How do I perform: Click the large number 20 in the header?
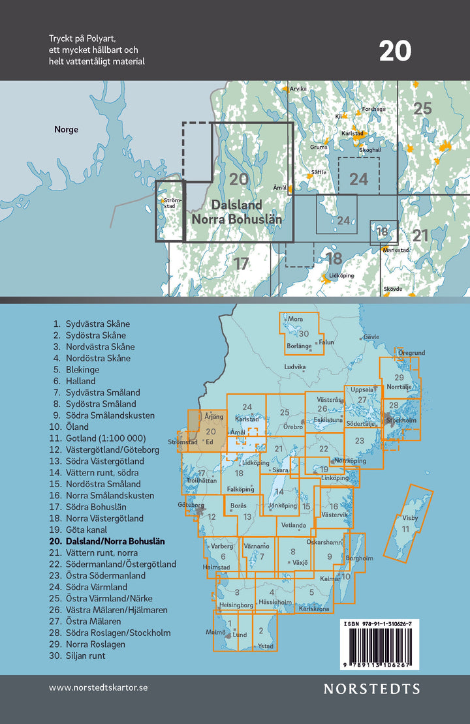pos(395,51)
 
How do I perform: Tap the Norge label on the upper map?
pos(66,129)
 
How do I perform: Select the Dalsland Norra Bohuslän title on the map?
pos(236,212)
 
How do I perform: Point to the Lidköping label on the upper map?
pos(341,275)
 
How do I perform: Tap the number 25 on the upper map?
pos(423,108)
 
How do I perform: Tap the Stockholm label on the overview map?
pos(400,420)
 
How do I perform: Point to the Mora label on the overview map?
pos(296,320)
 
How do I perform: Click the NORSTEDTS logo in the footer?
pos(372,689)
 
